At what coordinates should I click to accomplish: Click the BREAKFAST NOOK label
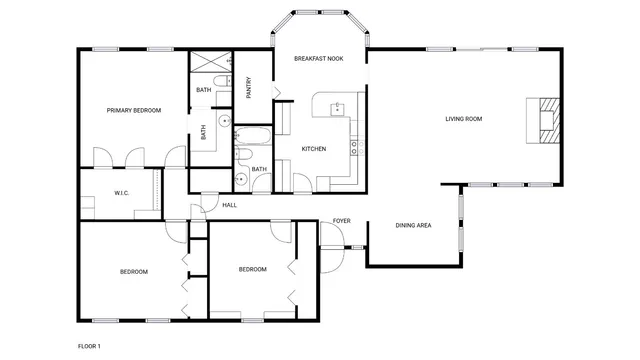pos(318,59)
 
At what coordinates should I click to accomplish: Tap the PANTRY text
pos(248,88)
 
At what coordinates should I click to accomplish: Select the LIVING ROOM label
pos(463,119)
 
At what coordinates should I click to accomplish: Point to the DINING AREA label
pos(413,226)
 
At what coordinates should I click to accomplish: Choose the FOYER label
pos(341,220)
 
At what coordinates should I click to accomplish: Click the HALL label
pos(229,205)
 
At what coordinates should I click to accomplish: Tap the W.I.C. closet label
pos(121,193)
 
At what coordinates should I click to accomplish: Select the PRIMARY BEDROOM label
pos(134,110)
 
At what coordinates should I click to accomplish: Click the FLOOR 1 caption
pos(90,345)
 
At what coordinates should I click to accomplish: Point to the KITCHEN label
pos(314,149)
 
